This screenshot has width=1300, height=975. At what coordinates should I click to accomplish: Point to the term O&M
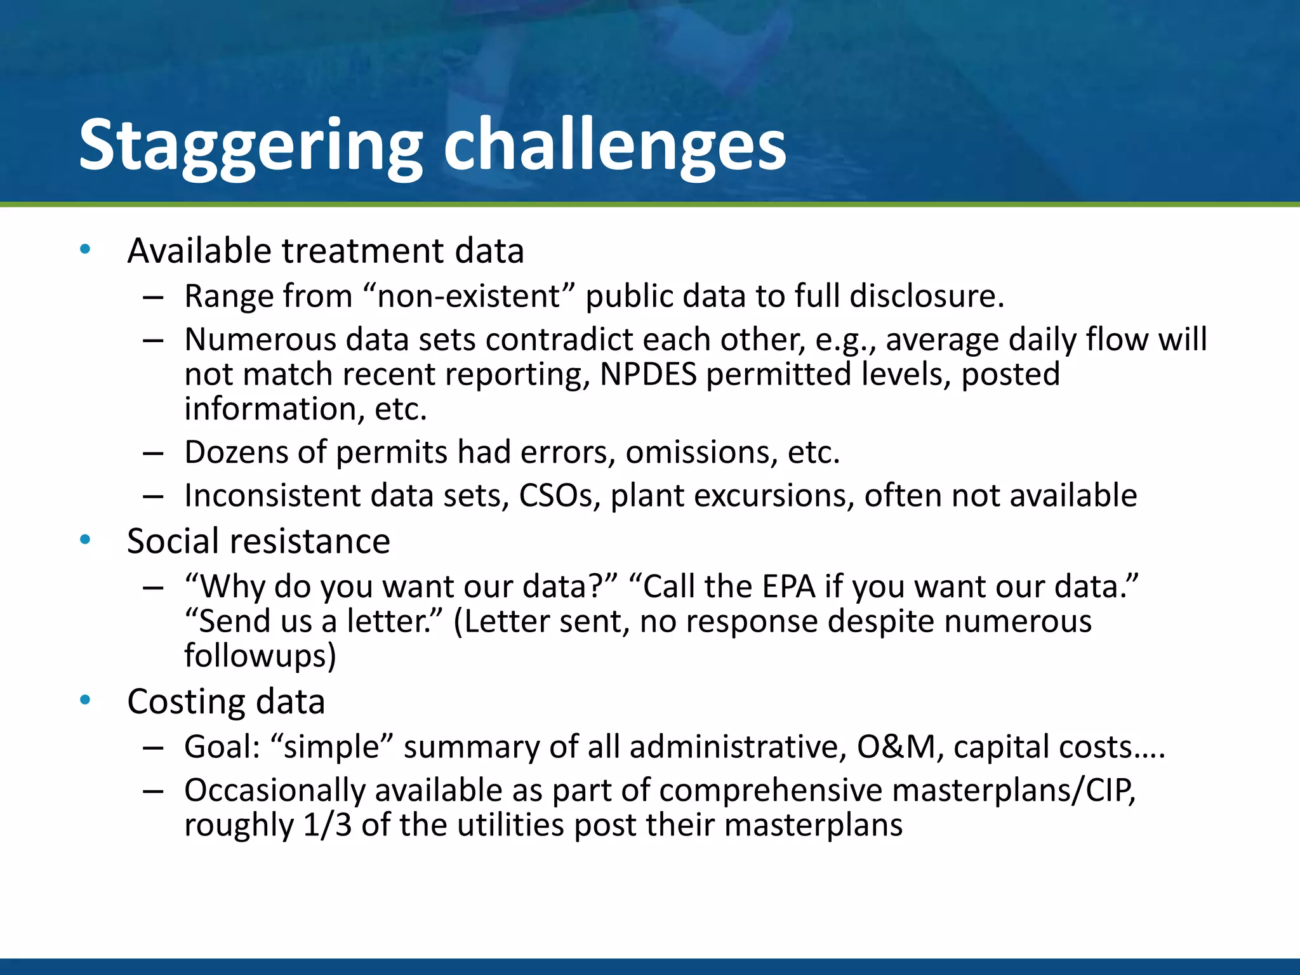895,747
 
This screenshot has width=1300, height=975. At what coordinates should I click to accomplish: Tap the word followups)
260,656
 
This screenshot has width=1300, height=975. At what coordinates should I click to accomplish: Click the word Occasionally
275,791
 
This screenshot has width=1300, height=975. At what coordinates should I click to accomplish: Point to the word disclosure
926,296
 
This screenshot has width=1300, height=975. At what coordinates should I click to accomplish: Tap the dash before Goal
154,748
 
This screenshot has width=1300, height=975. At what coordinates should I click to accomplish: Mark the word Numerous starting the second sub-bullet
260,340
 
